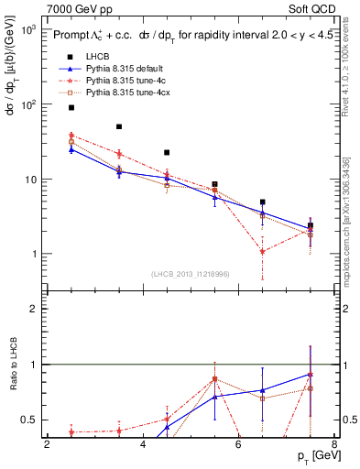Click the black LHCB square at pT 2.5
(x=71, y=107)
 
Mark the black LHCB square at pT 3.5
(x=119, y=126)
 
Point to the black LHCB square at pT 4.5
(x=167, y=152)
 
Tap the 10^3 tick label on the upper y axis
(x=27, y=30)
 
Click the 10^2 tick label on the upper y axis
(x=27, y=104)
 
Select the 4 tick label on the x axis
(x=143, y=445)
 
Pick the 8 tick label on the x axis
(x=333, y=445)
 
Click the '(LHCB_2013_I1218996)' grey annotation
(x=191, y=274)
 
